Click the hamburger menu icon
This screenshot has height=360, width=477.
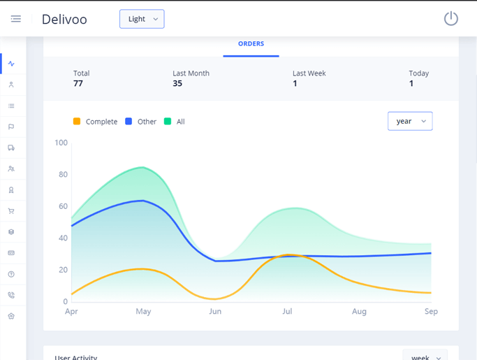click(15, 19)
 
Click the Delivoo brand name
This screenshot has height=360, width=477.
click(64, 20)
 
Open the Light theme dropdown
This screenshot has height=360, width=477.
click(142, 19)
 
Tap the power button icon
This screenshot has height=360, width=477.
click(451, 19)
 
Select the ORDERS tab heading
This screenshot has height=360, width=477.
click(251, 44)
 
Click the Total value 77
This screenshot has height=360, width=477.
click(78, 83)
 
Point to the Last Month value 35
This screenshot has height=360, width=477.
click(177, 83)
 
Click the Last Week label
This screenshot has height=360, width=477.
click(309, 73)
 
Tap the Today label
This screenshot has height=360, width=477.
click(419, 73)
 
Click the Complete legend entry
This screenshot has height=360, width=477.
click(96, 122)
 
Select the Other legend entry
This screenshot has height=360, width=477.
click(141, 122)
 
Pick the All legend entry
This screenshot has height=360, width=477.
click(175, 122)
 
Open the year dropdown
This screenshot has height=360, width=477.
click(410, 121)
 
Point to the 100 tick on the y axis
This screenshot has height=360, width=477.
click(61, 143)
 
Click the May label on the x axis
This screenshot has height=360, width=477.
click(143, 312)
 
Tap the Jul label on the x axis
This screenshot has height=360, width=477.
click(287, 312)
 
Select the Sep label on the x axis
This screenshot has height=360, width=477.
click(431, 312)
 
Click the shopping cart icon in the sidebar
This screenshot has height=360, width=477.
click(11, 211)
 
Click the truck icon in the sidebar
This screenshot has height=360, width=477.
click(11, 148)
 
